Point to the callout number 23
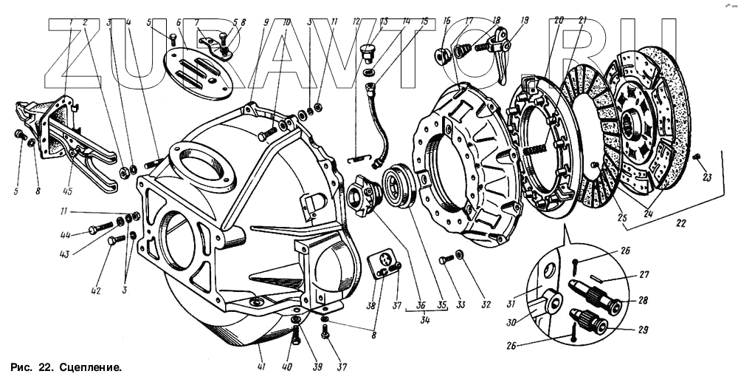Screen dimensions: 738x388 pos(707,177)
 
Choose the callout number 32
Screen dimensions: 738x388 pos(486,304)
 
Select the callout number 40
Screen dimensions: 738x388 pos(286,367)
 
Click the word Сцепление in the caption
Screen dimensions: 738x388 pos(90,367)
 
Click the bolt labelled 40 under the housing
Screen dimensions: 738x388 pos(297,338)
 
